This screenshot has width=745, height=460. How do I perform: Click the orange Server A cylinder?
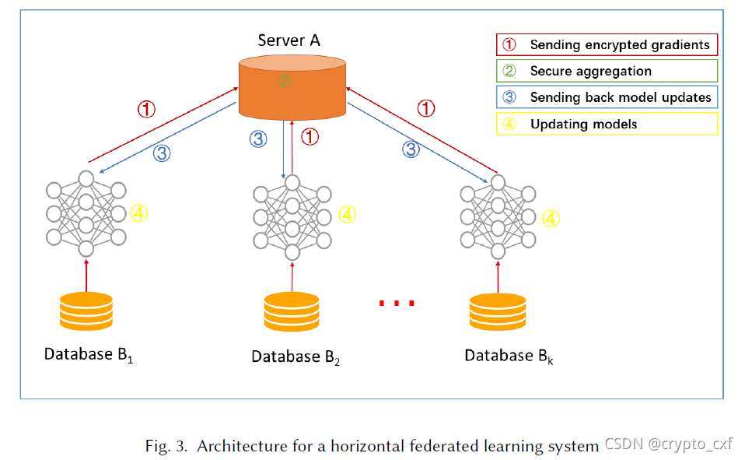[292, 86]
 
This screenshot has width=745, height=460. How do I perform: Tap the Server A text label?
[289, 40]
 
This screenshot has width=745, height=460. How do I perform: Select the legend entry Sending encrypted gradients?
[607, 45]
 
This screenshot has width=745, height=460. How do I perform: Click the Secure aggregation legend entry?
[607, 71]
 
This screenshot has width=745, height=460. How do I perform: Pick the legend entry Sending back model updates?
[607, 97]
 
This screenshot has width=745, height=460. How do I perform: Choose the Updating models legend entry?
[607, 124]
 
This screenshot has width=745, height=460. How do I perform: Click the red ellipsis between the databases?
[397, 303]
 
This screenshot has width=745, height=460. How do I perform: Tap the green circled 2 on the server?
[285, 80]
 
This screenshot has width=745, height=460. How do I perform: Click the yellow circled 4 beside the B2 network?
[347, 214]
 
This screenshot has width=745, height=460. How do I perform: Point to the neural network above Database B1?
[86, 212]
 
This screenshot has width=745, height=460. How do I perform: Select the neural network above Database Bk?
[498, 213]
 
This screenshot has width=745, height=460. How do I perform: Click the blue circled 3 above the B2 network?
[258, 139]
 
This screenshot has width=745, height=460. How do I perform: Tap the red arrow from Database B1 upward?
[86, 273]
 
